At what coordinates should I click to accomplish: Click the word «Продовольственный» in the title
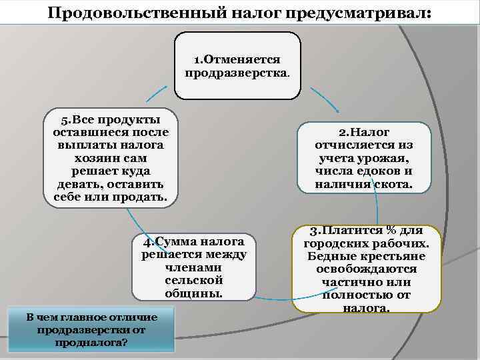pos(134,14)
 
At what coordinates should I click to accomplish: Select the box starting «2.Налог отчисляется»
pos(364,158)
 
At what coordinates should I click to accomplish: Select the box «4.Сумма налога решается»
pos(193,267)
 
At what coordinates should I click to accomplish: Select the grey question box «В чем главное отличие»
pos(92,329)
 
